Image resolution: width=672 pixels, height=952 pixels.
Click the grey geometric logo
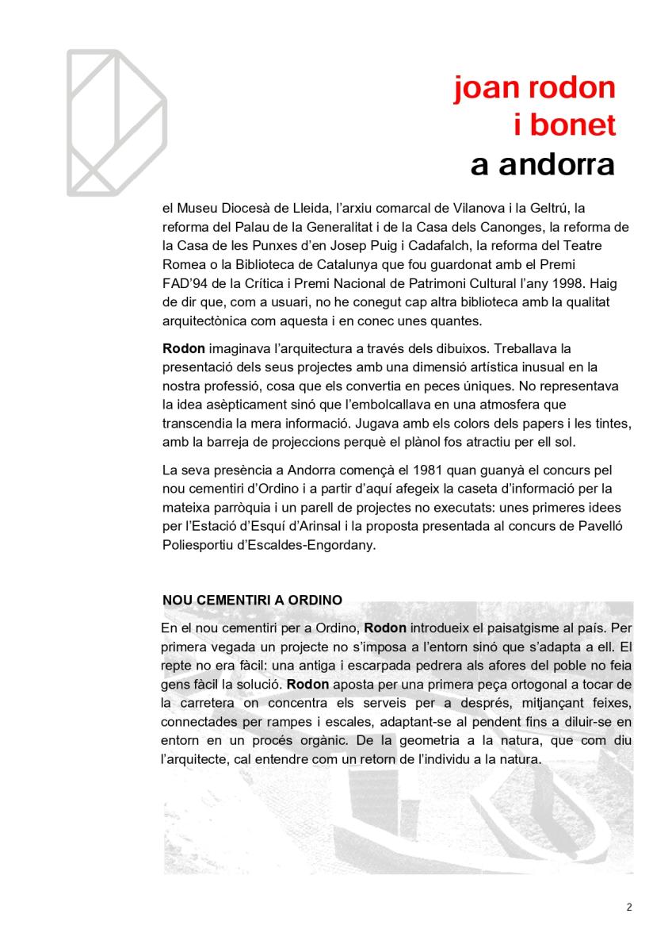click(116, 123)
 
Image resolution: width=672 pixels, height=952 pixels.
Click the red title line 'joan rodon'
click(535, 88)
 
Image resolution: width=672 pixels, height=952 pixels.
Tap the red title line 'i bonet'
click(565, 125)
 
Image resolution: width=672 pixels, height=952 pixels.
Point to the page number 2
click(628, 908)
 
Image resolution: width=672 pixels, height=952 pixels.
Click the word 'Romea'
click(181, 265)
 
